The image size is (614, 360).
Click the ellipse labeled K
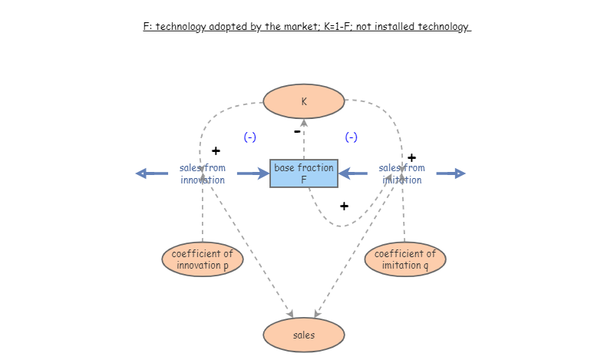click(x=304, y=101)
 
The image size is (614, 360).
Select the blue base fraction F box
click(x=304, y=173)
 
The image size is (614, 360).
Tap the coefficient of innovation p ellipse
click(x=203, y=259)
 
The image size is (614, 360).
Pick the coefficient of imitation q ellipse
click(x=405, y=259)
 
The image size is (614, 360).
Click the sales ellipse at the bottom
click(x=304, y=335)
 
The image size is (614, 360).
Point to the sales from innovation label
click(x=203, y=173)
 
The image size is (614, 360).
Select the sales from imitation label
click(x=402, y=173)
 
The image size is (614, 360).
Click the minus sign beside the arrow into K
click(x=297, y=131)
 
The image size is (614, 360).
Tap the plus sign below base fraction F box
click(x=344, y=206)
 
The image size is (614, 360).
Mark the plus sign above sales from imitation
click(x=411, y=158)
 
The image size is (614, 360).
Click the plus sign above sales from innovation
click(x=216, y=150)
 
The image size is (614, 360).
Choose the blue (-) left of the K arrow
click(x=250, y=137)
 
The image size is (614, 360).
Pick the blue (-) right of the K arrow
click(x=352, y=137)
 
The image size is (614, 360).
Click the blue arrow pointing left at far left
click(x=151, y=173)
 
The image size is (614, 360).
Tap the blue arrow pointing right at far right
click(x=451, y=173)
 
